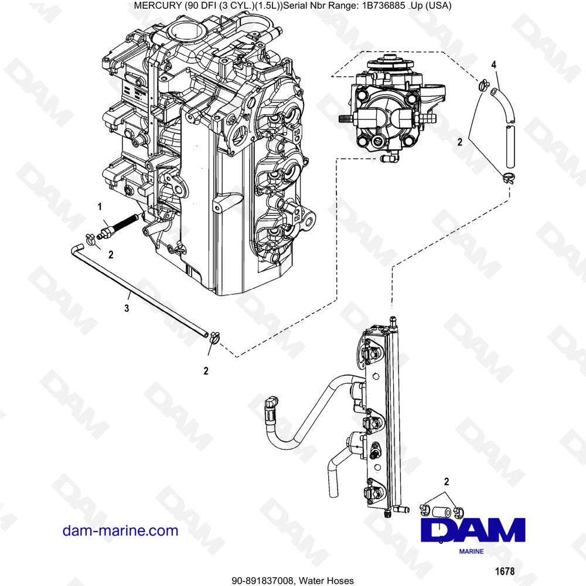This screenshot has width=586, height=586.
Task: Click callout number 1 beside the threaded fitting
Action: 100,206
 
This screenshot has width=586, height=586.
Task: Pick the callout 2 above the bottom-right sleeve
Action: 447,482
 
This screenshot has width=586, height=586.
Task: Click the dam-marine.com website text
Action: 120,531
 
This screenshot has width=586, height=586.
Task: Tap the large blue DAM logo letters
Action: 473,530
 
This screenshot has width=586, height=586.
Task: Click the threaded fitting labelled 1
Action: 117,226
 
